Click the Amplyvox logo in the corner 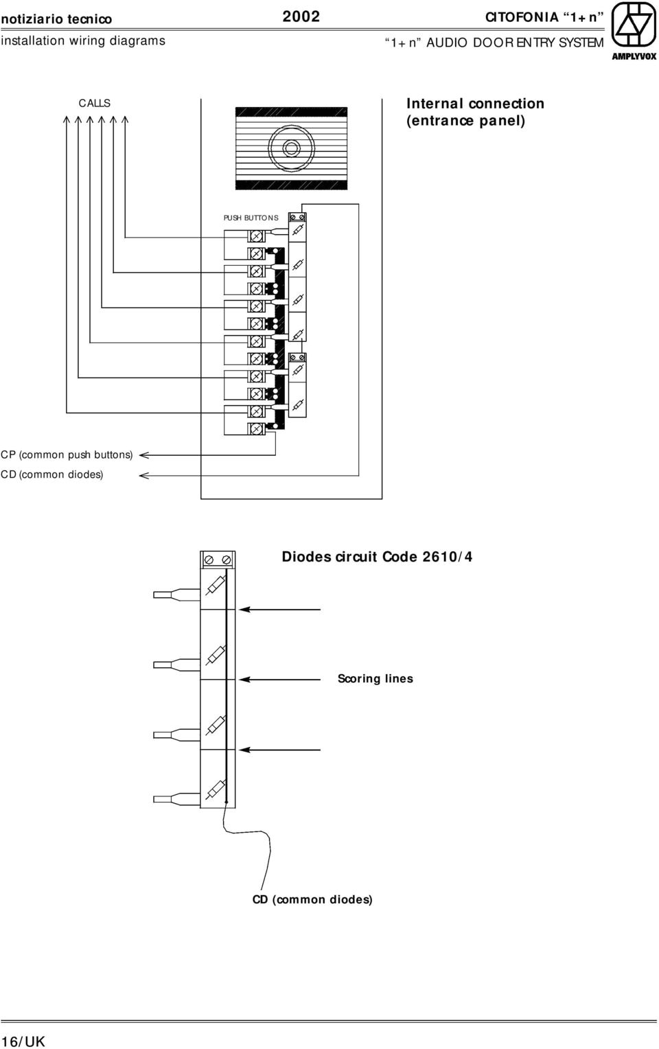point(634,30)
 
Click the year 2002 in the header point(301,16)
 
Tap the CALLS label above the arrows point(94,103)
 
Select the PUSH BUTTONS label point(251,218)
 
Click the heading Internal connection point(475,104)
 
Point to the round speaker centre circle point(291,148)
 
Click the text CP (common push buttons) point(67,454)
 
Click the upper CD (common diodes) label point(52,474)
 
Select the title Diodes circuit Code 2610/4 point(377,557)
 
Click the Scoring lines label point(375,678)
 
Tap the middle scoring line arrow point(245,680)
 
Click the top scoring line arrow point(245,609)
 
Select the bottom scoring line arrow point(245,750)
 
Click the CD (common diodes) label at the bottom point(312,899)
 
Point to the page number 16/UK point(23,1041)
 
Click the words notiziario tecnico point(56,19)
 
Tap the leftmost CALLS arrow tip point(67,118)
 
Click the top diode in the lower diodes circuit point(216,585)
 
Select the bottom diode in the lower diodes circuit point(216,789)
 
